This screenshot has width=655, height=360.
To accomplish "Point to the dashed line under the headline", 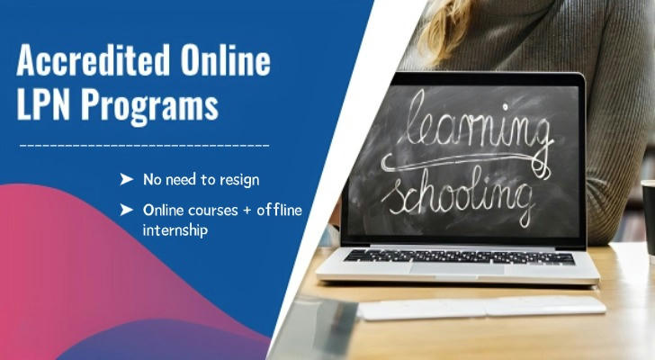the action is point(145,146).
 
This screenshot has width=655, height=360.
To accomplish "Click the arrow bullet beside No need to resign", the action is point(127,179).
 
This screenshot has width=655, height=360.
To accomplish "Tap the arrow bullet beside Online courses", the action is point(127,210).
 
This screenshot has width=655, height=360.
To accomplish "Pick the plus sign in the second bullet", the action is point(247,210).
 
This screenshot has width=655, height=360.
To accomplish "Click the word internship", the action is point(175,230).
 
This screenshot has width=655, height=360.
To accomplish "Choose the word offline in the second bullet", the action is point(279,209).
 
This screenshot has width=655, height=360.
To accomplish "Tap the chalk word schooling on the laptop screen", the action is point(458,197).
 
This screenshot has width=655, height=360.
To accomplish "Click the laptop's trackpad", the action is point(456,269).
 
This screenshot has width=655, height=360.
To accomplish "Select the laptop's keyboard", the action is point(459,256).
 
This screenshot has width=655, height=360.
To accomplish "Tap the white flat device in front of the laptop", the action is point(481,308).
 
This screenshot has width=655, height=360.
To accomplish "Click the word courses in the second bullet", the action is point(213,210).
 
